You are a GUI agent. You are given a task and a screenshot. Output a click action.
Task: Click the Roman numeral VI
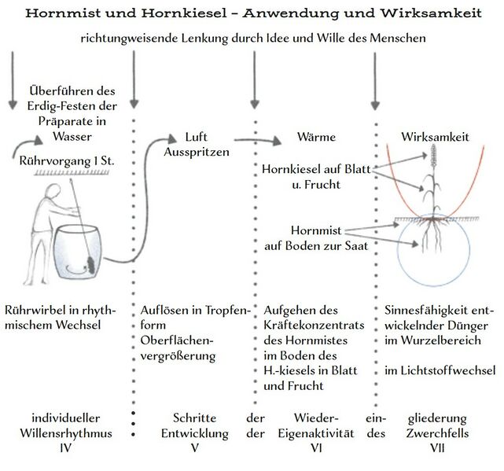point(312,448)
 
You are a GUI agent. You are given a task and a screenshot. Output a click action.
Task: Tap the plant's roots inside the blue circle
point(433,236)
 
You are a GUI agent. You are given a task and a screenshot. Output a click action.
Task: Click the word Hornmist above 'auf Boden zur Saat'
point(315,230)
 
